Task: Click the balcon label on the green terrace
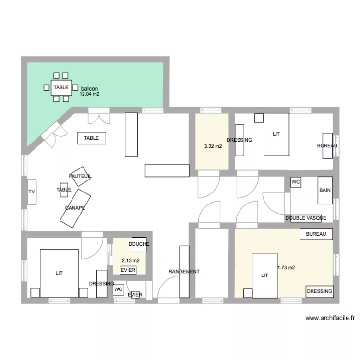(90, 89)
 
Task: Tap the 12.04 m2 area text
(90, 94)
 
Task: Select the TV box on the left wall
(32, 192)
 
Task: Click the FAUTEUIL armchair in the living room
(80, 177)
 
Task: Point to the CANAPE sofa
(75, 208)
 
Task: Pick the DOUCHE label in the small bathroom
(139, 244)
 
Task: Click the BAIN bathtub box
(325, 190)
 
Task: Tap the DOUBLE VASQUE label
(306, 218)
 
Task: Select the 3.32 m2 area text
(213, 146)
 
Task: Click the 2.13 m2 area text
(131, 261)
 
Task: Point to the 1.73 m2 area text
(286, 268)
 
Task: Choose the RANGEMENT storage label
(184, 272)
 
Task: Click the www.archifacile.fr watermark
(330, 318)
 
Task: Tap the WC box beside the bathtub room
(296, 182)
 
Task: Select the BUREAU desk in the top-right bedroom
(327, 146)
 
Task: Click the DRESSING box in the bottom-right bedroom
(319, 291)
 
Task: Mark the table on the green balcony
(61, 87)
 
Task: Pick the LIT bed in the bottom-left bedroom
(59, 273)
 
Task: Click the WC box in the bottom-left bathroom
(118, 289)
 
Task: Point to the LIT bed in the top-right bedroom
(276, 134)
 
